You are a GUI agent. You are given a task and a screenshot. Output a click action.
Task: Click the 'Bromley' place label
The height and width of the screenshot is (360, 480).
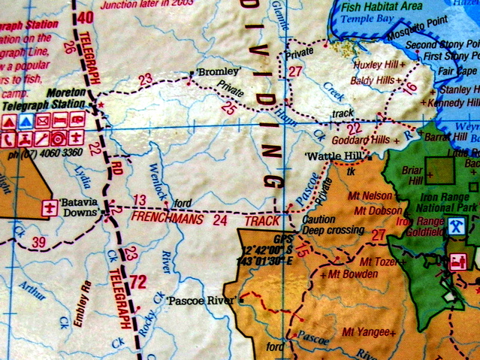point(218,72)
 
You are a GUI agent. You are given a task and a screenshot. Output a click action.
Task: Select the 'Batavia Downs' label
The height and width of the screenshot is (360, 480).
point(82,207)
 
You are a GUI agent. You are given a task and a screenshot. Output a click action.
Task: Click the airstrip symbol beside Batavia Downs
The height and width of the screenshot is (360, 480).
point(51,207)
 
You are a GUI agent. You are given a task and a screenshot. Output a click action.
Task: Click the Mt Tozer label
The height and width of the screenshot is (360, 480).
point(378,262)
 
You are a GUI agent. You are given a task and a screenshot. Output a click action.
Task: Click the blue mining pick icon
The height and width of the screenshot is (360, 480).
point(455,225)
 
